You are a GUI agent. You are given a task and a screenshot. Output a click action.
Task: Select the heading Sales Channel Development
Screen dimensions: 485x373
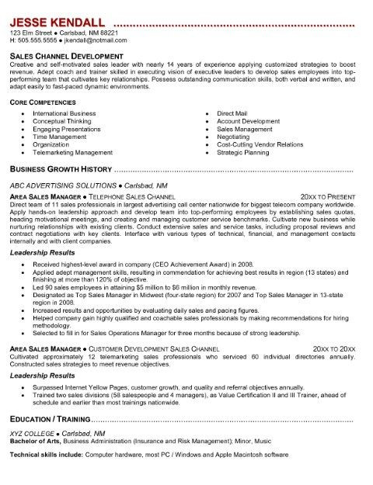(x=66, y=57)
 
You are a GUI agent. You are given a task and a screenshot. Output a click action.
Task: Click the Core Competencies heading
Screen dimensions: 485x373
(x=44, y=102)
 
